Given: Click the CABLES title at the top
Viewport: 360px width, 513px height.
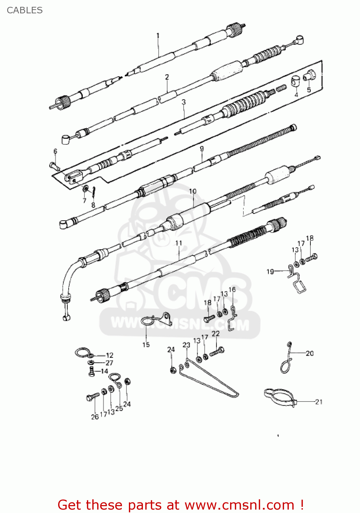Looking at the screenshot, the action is coord(25,10).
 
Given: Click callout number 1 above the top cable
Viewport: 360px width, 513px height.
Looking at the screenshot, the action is coord(158,36).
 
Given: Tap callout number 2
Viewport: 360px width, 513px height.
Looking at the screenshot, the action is coord(167,77).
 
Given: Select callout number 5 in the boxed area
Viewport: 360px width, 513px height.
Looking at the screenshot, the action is coord(309,90).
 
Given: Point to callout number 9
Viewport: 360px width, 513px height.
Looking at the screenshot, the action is coord(202,149).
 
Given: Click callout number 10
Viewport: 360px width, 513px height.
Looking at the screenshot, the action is coord(192,191).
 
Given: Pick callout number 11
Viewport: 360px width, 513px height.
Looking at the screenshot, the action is coord(178,243).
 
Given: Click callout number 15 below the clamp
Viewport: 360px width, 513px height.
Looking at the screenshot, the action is coord(146,345).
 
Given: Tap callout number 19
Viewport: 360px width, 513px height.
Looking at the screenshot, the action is coord(270,272).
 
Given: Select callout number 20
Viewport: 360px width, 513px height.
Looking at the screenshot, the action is coord(310,353).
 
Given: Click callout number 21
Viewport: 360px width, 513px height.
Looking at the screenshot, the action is coord(319,402).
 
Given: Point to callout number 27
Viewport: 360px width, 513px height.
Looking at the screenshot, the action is coord(109,363).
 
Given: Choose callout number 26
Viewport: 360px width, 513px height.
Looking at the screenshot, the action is coord(95,417).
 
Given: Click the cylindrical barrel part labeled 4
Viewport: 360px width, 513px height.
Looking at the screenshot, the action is coord(295,81).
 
